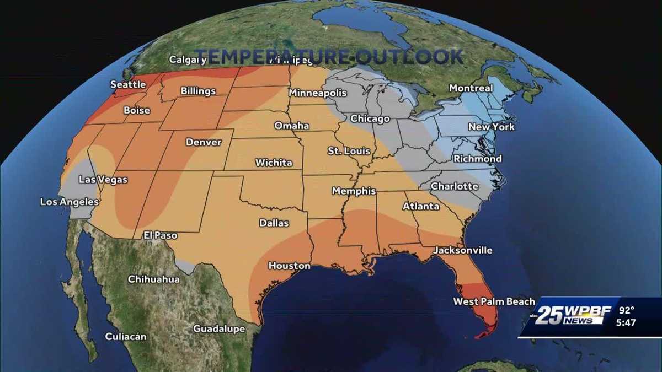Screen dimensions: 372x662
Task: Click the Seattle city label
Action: (x=128, y=84)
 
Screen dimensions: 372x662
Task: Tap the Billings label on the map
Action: (x=198, y=91)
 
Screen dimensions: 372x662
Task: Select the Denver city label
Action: (x=203, y=142)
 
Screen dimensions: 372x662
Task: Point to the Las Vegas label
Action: (x=103, y=180)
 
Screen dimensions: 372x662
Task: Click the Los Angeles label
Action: (x=69, y=202)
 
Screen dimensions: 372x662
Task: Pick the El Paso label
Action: (x=160, y=235)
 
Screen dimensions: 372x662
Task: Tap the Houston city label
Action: (x=289, y=266)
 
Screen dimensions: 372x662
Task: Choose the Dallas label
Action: (x=274, y=223)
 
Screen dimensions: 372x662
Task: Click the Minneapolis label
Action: (x=317, y=93)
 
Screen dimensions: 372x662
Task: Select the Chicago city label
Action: (x=370, y=119)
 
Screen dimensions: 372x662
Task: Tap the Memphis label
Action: (x=354, y=191)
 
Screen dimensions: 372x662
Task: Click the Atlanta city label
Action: (x=421, y=206)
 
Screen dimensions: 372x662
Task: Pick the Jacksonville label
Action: (x=462, y=250)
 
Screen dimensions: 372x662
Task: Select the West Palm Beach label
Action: (x=494, y=301)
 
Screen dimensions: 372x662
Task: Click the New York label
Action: (x=491, y=127)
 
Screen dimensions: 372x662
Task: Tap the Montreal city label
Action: (x=471, y=88)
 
